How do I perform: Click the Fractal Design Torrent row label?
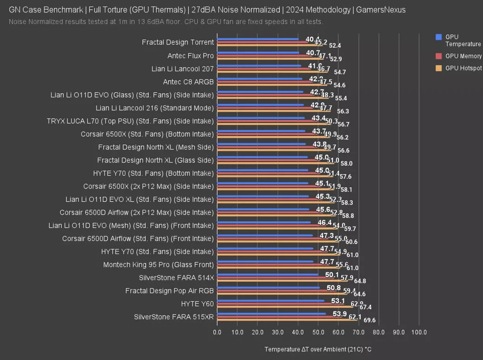pyautogui.click(x=178, y=42)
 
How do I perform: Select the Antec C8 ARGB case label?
pyautogui.click(x=188, y=82)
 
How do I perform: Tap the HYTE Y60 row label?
pyautogui.click(x=197, y=304)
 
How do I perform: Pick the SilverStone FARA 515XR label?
pyautogui.click(x=174, y=317)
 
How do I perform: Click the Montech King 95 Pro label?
pyautogui.click(x=158, y=265)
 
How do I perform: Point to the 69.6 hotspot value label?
pyautogui.click(x=369, y=320)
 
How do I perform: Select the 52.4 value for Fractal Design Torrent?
pyautogui.click(x=335, y=45)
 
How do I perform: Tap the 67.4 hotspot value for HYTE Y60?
pyautogui.click(x=366, y=307)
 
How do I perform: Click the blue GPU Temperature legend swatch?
pyautogui.click(x=438, y=37)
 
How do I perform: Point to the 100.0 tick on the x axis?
pyautogui.click(x=419, y=333)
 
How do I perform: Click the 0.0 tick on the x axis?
pyautogui.click(x=217, y=333)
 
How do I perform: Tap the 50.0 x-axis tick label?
pyautogui.click(x=318, y=333)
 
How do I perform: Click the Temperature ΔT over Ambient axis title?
pyautogui.click(x=318, y=349)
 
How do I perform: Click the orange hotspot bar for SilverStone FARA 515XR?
pyautogui.click(x=288, y=320)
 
